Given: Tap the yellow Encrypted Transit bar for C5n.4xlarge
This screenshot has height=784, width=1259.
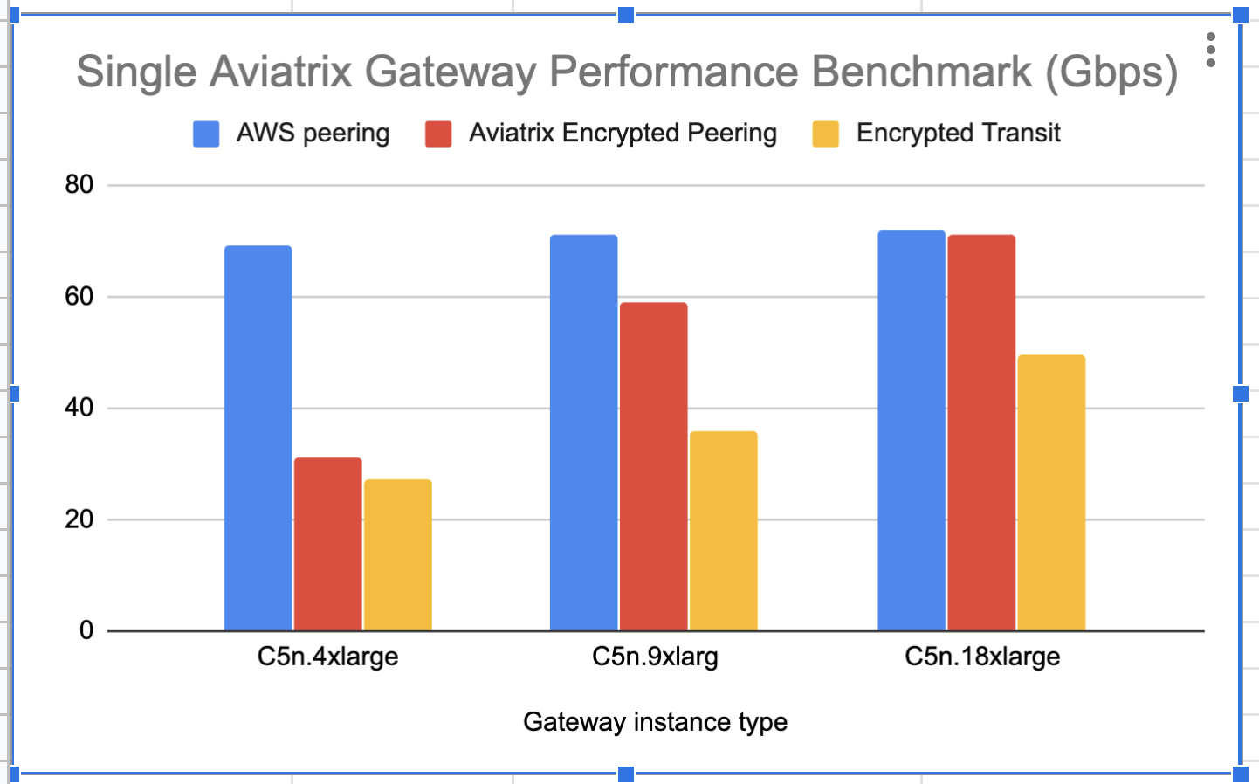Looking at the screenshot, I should (x=397, y=555).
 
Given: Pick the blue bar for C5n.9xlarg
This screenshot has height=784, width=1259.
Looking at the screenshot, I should (x=583, y=432).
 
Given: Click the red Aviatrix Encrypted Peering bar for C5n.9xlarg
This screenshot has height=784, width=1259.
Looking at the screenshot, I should (x=653, y=466).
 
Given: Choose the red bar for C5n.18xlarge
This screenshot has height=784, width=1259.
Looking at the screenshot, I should (x=981, y=432).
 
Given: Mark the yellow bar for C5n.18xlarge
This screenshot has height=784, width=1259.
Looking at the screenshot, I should (x=1051, y=492).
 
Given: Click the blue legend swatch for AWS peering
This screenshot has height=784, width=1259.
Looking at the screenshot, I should (x=206, y=134).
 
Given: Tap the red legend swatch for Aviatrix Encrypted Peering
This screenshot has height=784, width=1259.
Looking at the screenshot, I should (x=438, y=134).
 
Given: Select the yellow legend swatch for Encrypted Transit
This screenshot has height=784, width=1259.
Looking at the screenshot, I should (x=825, y=134).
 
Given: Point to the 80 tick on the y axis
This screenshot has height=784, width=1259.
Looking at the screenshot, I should (x=79, y=184).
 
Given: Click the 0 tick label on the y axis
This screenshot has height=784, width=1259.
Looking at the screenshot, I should (x=86, y=630).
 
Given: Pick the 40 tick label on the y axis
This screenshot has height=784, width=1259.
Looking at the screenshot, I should (x=79, y=408).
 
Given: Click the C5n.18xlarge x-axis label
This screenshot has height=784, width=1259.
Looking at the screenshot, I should (x=982, y=657).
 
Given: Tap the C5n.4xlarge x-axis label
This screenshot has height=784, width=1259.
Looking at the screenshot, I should (x=327, y=657).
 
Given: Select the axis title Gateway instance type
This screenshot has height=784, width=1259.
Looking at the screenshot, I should (x=655, y=722).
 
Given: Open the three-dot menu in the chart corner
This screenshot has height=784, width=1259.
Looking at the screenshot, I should (x=1210, y=51).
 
